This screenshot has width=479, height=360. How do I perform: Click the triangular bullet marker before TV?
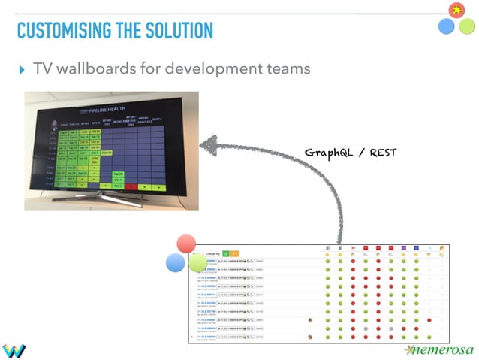point(21,70)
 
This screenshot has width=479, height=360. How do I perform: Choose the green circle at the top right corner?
point(466,26)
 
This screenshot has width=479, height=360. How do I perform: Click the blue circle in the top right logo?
point(446,26)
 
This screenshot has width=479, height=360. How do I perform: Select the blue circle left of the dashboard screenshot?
point(176,263)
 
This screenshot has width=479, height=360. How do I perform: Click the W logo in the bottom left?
point(14,350)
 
